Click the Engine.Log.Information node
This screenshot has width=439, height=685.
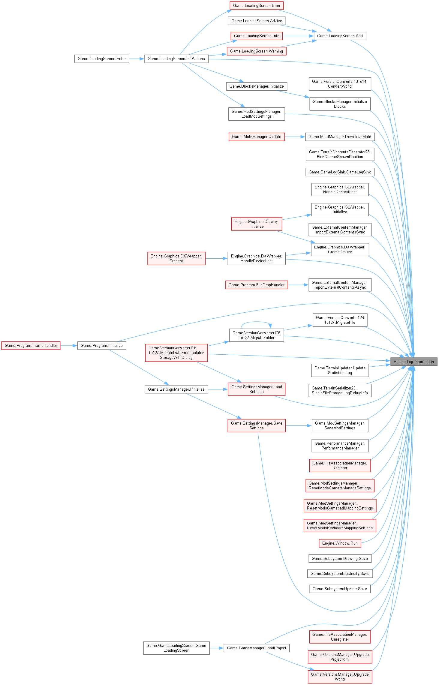(x=413, y=362)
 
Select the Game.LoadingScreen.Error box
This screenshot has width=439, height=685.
(x=257, y=5)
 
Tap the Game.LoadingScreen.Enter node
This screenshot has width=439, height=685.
(x=102, y=59)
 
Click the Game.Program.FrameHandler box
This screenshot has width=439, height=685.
(x=31, y=346)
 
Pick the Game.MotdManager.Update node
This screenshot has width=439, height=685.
(x=257, y=137)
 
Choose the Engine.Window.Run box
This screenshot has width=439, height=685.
(x=340, y=543)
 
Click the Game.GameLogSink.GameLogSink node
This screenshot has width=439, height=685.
(x=340, y=172)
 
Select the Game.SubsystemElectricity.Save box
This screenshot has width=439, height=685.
(x=340, y=573)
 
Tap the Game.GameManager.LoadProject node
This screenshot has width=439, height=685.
(x=257, y=648)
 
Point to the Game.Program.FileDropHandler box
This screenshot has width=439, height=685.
(x=257, y=285)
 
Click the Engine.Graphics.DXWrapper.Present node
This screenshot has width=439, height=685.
(x=176, y=258)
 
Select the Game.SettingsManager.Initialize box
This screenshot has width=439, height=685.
(x=176, y=389)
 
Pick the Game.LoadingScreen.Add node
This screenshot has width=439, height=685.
(x=340, y=36)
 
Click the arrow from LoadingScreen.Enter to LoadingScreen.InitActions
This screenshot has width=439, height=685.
(x=137, y=59)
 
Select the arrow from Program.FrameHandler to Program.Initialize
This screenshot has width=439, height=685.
(x=69, y=346)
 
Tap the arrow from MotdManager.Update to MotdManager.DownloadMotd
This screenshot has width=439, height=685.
(x=295, y=137)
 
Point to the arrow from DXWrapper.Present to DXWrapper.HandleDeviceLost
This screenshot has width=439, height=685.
(x=216, y=258)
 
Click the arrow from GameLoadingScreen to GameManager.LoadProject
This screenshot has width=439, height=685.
(x=216, y=648)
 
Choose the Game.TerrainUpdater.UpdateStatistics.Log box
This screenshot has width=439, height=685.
(x=340, y=370)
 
